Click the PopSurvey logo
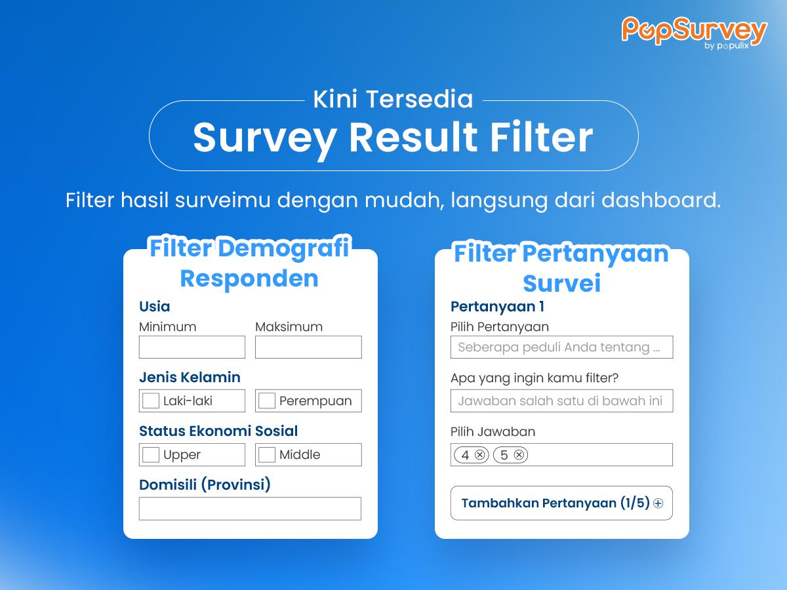pos(694,33)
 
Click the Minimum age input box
pos(192,347)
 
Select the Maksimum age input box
pos(308,347)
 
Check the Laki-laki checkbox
pos(151,401)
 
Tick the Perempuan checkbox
pos(267,401)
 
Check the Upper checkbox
pos(151,454)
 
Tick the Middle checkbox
pos(267,454)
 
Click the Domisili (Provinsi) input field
pos(251,508)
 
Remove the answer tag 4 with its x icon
pos(479,454)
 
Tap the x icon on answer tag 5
pos(519,454)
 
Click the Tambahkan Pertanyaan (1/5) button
pos(561,503)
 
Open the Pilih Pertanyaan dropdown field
pos(561,347)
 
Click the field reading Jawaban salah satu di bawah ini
pos(561,401)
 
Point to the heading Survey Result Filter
pos(393,138)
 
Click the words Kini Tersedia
pos(393,99)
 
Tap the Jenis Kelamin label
pos(190,377)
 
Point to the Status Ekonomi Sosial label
pos(218,431)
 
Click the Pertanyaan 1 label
pos(497,307)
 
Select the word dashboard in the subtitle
pos(661,200)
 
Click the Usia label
pos(155,307)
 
